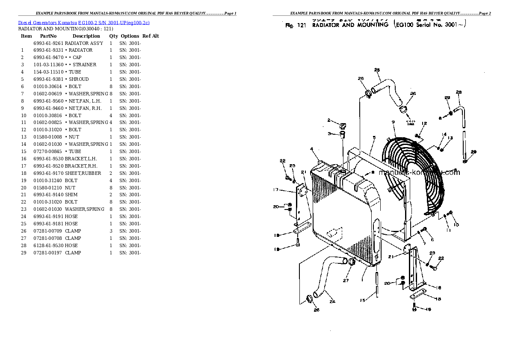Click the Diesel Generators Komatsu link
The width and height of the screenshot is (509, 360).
pos(84,22)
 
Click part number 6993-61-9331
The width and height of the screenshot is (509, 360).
pos(48,50)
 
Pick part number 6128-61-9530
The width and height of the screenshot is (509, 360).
pos(48,245)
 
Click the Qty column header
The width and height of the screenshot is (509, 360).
pos(113,36)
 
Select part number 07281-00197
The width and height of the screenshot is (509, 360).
pos(48,253)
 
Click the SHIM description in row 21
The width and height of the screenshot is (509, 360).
pos(71,195)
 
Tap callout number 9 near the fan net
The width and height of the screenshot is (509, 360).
pos(392,123)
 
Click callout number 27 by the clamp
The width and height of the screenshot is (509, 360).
pos(346,281)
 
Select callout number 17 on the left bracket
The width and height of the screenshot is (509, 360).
pos(276,190)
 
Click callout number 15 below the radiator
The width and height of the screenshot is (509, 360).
pos(362,300)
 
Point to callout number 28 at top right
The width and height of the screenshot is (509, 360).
pos(459,92)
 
